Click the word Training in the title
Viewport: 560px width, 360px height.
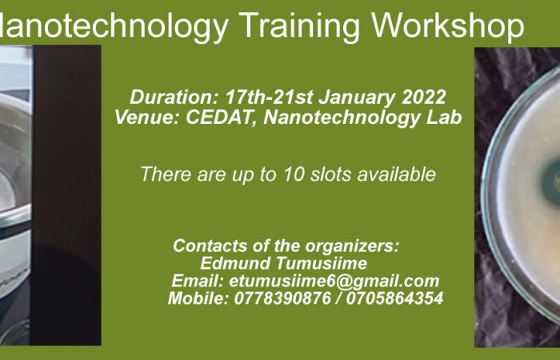click(300, 26)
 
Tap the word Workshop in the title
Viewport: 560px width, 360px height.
click(448, 25)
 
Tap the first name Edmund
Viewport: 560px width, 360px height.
click(235, 263)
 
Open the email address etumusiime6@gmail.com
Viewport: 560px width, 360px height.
click(334, 281)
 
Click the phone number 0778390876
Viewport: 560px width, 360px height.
click(282, 298)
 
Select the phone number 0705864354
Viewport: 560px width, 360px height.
click(394, 298)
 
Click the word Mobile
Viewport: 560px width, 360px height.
click(198, 298)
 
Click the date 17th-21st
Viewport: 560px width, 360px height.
click(269, 97)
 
